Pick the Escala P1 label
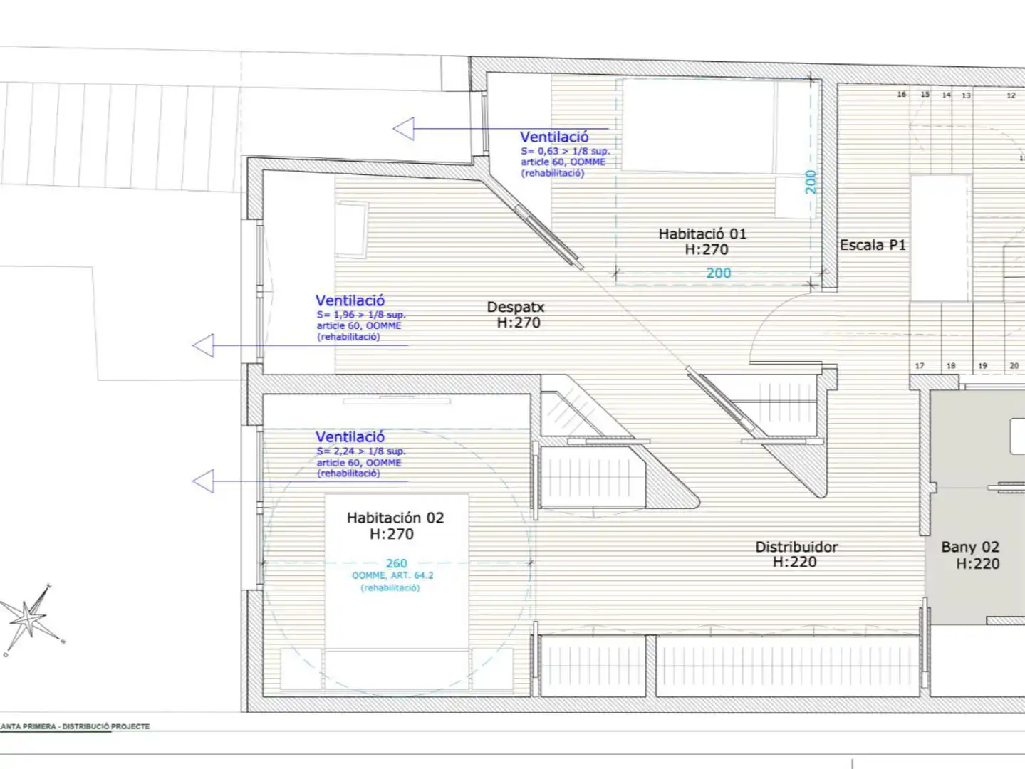pyautogui.click(x=873, y=245)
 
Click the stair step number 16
pyautogui.click(x=901, y=94)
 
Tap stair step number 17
pyautogui.click(x=920, y=366)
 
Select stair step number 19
pyautogui.click(x=982, y=366)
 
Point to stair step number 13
pyautogui.click(x=966, y=95)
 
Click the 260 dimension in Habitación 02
pyautogui.click(x=397, y=563)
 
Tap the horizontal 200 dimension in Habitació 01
pyautogui.click(x=719, y=273)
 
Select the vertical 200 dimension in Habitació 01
pyautogui.click(x=811, y=182)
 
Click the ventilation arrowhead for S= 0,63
pyautogui.click(x=404, y=129)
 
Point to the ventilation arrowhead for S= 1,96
pyautogui.click(x=203, y=346)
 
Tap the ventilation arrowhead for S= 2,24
pyautogui.click(x=203, y=481)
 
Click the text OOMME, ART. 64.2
pyautogui.click(x=392, y=575)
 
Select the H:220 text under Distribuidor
pyautogui.click(x=794, y=562)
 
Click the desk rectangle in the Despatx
pyautogui.click(x=352, y=229)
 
